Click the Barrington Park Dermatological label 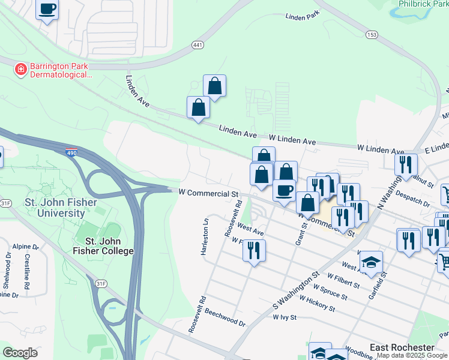59,71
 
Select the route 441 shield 197,45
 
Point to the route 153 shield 372,35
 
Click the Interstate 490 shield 71,153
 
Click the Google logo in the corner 20,352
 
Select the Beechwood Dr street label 225,318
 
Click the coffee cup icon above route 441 47,9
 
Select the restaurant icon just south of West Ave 254,249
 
